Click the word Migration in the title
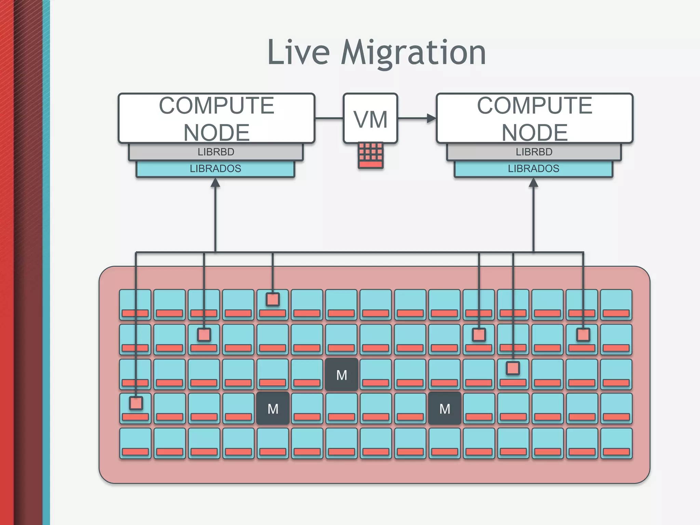[x=413, y=53]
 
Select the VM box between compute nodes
[x=371, y=119]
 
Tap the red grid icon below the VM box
[x=371, y=156]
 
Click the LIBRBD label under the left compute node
[x=216, y=152]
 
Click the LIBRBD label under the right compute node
[x=534, y=152]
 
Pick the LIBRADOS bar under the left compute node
[x=215, y=169]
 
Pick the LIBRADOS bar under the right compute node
[x=534, y=169]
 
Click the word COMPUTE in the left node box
[x=216, y=106]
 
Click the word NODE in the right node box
[x=535, y=132]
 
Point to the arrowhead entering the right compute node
[x=432, y=119]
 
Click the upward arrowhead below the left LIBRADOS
[x=215, y=183]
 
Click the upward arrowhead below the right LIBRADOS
[x=534, y=183]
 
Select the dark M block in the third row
[x=341, y=375]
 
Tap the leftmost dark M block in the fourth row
[x=273, y=409]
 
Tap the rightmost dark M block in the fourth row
[x=445, y=409]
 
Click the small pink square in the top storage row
[x=273, y=299]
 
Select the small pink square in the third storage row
[x=513, y=368]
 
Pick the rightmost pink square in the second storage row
[x=583, y=335]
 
